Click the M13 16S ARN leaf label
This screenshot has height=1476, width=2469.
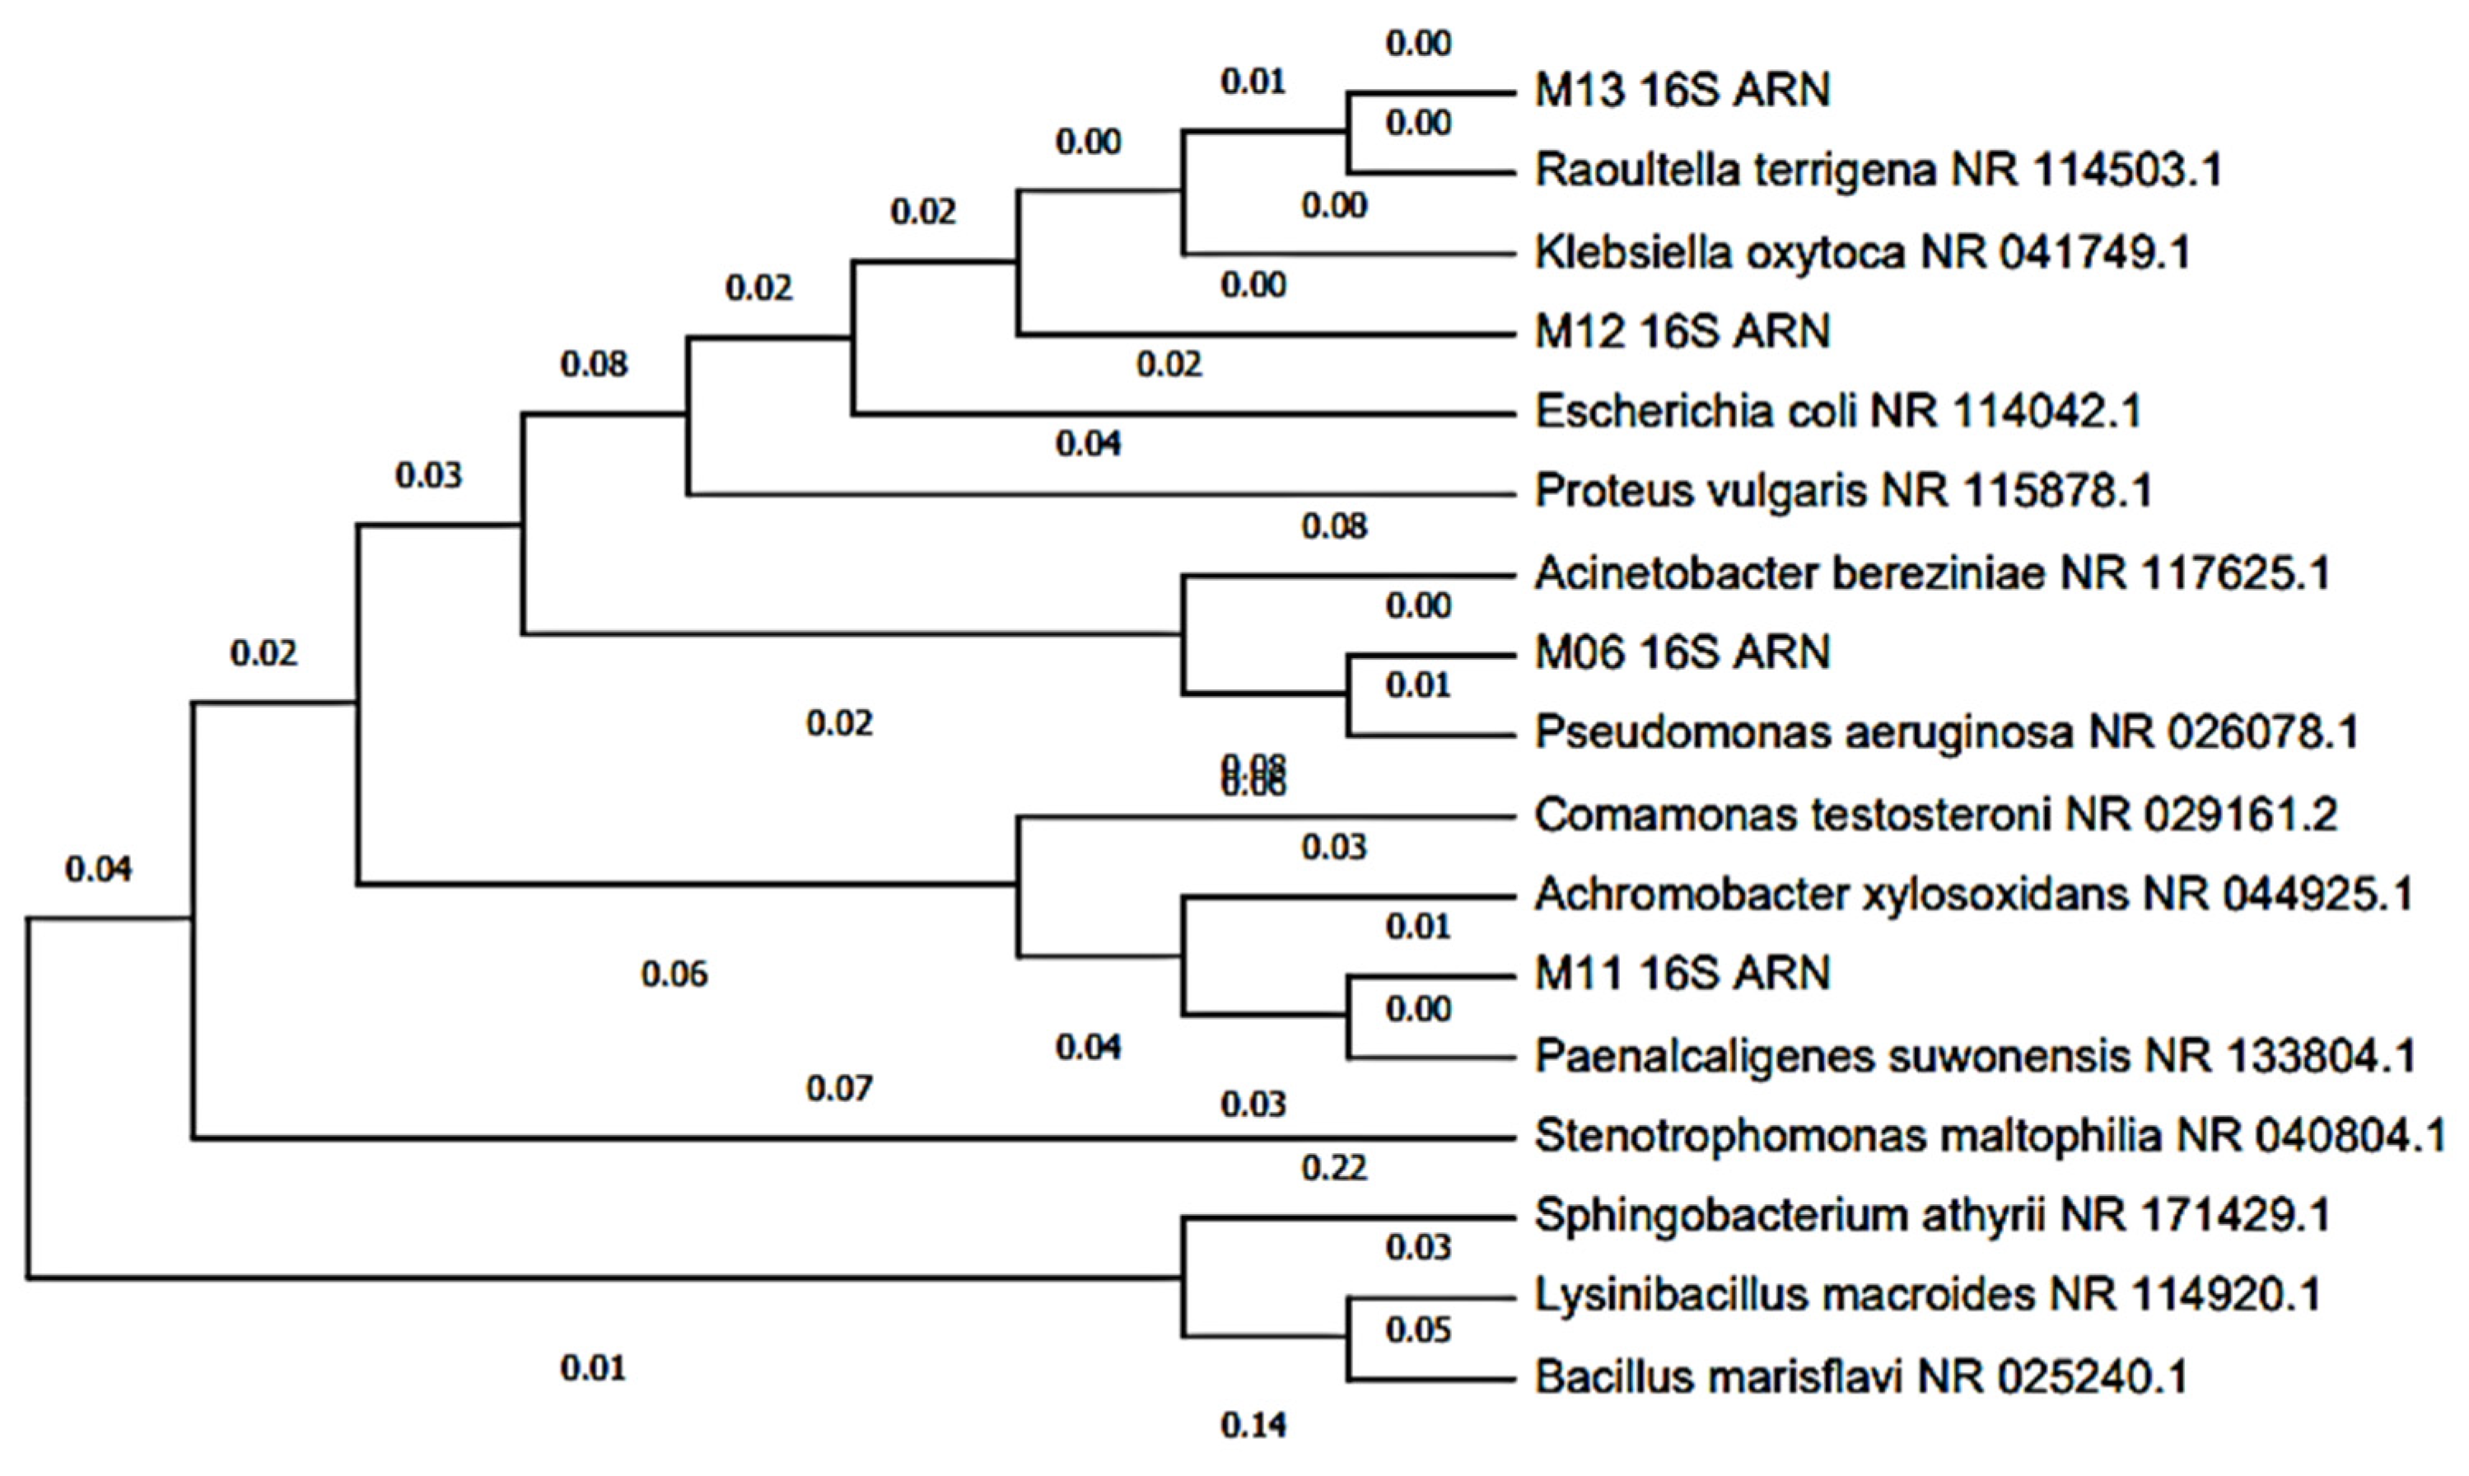(x=1682, y=91)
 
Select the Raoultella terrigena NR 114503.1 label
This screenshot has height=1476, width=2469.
(x=1879, y=170)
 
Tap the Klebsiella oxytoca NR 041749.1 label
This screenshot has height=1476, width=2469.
(x=1862, y=252)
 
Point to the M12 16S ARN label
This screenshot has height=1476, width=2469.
(x=1682, y=331)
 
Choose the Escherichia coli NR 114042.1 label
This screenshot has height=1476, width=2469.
(x=1837, y=411)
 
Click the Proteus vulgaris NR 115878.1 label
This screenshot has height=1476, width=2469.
(x=1842, y=490)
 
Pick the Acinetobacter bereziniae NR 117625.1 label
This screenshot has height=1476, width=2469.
(x=1932, y=573)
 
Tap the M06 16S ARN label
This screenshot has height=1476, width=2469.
(x=1682, y=652)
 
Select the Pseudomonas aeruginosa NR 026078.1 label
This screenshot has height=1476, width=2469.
(x=1946, y=733)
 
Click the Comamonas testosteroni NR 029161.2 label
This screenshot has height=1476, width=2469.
(x=1935, y=815)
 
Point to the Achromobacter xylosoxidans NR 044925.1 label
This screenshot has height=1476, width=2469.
(x=1974, y=894)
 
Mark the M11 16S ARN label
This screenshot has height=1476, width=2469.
(x=1682, y=973)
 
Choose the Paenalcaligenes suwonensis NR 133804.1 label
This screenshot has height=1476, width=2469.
(x=1975, y=1055)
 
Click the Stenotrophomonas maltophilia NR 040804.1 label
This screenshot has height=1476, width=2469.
(x=1990, y=1135)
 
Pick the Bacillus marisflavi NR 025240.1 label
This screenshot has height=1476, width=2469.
(x=1860, y=1376)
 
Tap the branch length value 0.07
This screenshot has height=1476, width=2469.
(x=839, y=1089)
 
